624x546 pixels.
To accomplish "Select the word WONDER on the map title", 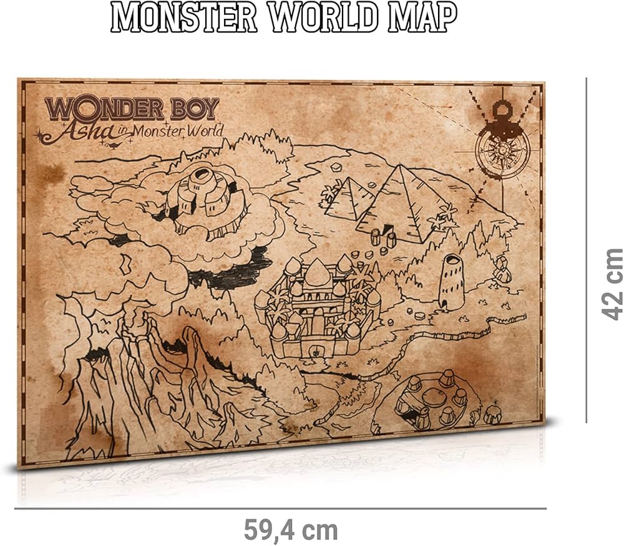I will tap(104, 109).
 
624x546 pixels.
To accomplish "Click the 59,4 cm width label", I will tap(290, 530).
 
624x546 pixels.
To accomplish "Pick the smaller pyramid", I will tap(351, 198).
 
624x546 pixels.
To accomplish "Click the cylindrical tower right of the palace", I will tap(451, 282).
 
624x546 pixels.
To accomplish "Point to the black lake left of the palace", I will tap(231, 271).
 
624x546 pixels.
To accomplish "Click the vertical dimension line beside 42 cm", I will tap(586, 249).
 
